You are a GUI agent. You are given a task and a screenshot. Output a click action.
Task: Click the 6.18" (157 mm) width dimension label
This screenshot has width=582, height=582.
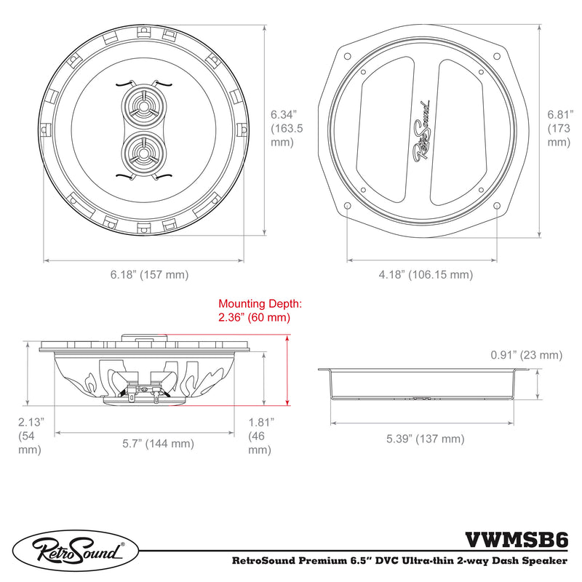coord(149,275)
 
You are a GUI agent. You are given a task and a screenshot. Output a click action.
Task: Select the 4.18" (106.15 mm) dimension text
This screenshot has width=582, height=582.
coord(426,275)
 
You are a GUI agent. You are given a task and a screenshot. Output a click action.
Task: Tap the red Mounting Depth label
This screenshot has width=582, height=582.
coord(260,311)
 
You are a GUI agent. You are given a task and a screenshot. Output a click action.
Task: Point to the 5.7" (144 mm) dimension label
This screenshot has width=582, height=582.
coord(158,443)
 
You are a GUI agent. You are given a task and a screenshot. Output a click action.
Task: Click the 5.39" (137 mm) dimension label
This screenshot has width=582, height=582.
coord(426,439)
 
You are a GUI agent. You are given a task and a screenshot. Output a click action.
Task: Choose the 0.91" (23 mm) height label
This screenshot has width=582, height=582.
coord(526,355)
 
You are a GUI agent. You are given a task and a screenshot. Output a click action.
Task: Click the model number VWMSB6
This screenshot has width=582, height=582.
coord(517,540)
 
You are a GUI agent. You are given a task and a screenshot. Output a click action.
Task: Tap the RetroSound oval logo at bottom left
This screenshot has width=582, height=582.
coord(76,551)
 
